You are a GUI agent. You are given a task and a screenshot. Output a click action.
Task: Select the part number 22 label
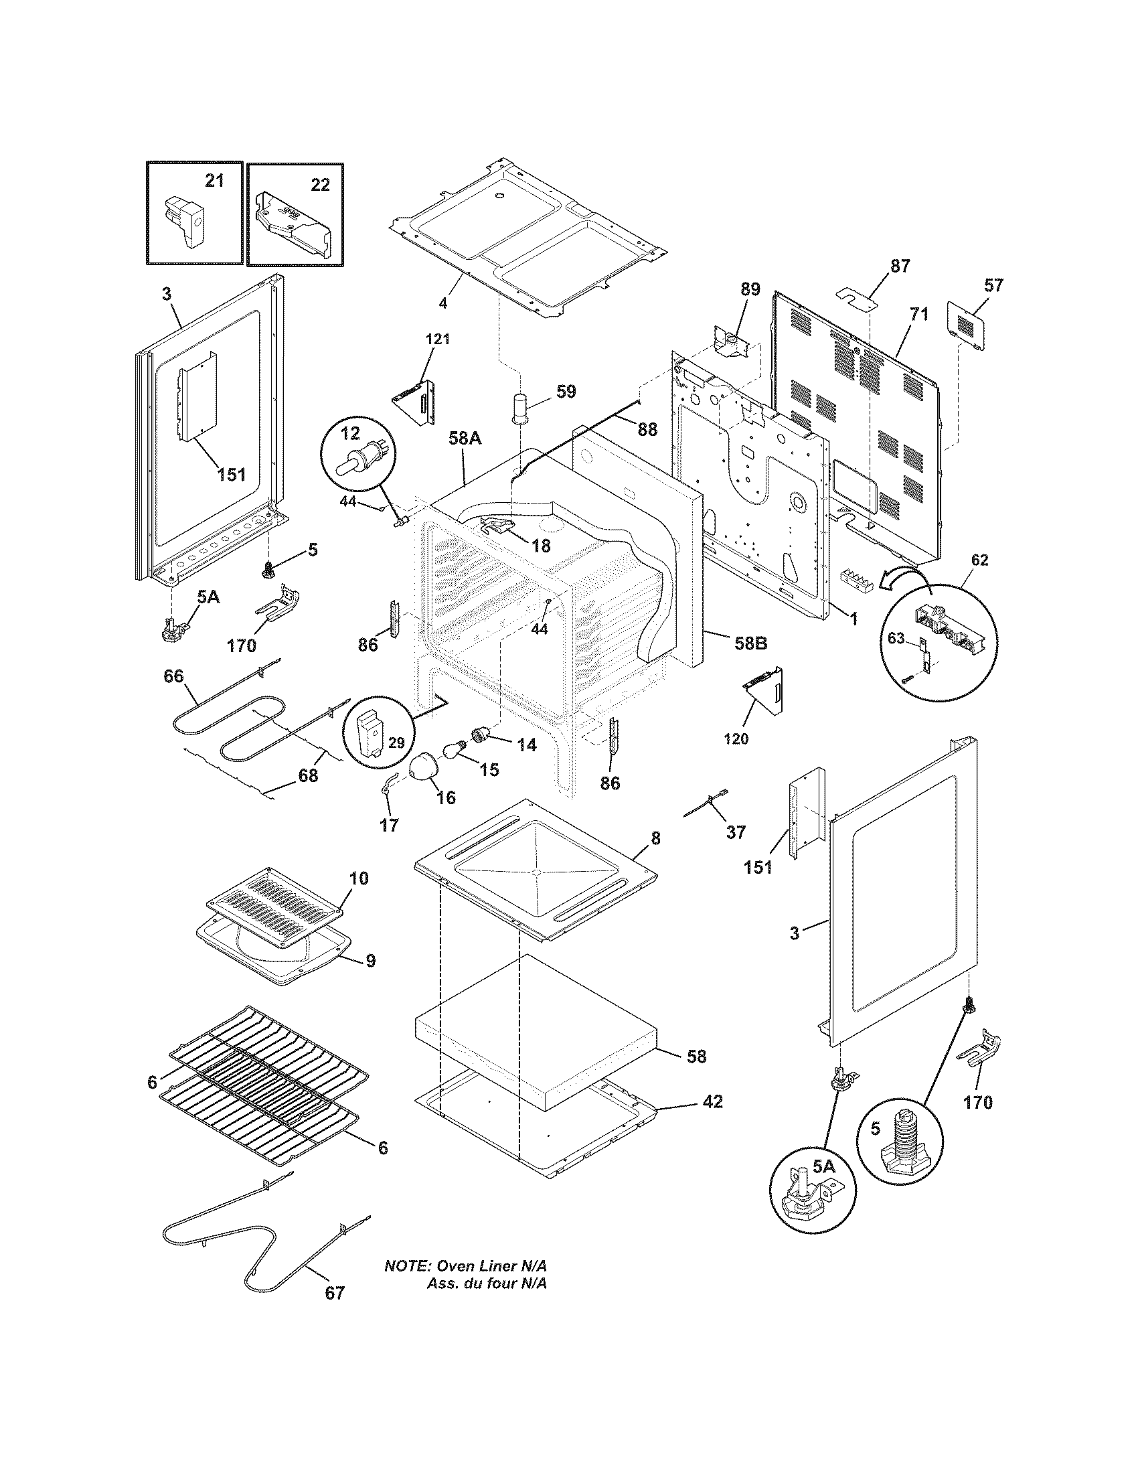point(319,184)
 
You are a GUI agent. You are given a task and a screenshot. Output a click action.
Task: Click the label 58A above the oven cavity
point(465,439)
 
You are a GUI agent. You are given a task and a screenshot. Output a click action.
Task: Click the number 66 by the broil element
point(173,676)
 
